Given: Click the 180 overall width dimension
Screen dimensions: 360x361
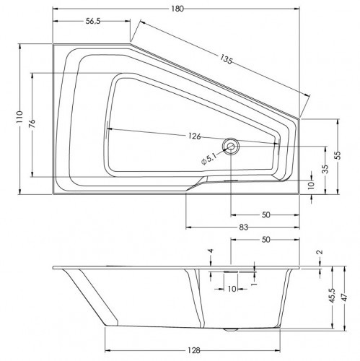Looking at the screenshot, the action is click(177, 9).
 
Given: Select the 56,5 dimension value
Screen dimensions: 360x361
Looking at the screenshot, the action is click(93, 21).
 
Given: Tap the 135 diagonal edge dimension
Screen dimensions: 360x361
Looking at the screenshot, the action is click(226, 59).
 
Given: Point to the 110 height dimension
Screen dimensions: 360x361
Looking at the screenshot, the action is click(19, 117).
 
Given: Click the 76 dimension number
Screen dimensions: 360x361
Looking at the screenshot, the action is click(32, 123).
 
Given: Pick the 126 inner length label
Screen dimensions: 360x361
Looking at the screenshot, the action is click(194, 136).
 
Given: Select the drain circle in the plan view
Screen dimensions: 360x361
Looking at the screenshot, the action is click(231, 147).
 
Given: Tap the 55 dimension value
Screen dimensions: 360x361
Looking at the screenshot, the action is click(338, 155).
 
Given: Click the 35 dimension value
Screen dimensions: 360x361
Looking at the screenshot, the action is click(325, 169).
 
